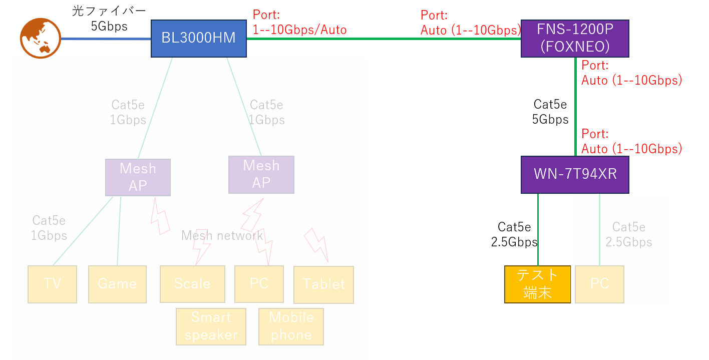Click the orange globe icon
[x=40, y=38]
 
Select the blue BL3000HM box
[x=198, y=38]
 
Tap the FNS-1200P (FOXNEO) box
[x=574, y=38]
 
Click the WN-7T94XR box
[x=574, y=174]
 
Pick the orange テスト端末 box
[x=537, y=284]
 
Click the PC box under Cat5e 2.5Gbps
[x=599, y=284]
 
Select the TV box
[x=52, y=284]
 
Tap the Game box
[x=117, y=284]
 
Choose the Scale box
[x=192, y=284]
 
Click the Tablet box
[x=323, y=284]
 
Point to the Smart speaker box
[x=211, y=326]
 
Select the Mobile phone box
[x=291, y=326]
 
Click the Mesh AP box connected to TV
[x=138, y=177]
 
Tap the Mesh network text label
[x=222, y=235]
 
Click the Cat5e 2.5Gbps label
[x=628, y=234]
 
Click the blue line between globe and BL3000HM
[x=106, y=39]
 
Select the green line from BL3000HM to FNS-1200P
[x=383, y=39]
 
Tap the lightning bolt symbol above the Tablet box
[x=316, y=245]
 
